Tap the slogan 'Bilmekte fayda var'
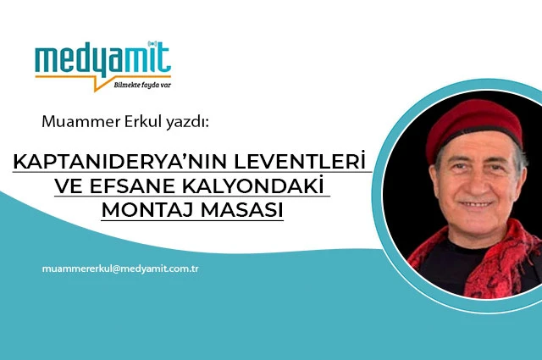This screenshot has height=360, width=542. tap(142, 85)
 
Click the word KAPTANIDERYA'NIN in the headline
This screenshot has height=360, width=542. tap(122, 162)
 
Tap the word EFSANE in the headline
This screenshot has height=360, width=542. tap(132, 186)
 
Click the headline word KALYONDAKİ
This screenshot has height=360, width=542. tap(252, 186)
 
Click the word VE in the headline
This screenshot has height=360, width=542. tap(69, 186)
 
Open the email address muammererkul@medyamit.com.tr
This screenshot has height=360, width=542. tap(120, 269)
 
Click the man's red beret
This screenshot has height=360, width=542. tap(473, 127)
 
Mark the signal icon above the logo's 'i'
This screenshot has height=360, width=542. tap(152, 43)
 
